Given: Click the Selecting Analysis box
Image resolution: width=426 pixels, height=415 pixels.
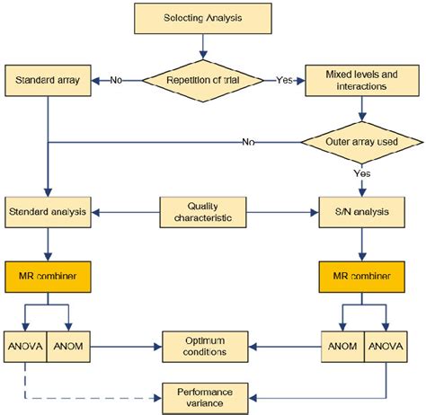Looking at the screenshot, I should [203, 18].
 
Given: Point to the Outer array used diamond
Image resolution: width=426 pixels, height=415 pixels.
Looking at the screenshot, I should [361, 141].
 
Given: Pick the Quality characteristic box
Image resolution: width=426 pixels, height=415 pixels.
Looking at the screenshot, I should [203, 212].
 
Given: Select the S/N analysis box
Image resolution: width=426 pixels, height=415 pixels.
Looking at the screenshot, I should [361, 212].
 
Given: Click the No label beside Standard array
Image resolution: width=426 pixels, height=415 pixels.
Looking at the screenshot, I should [117, 80].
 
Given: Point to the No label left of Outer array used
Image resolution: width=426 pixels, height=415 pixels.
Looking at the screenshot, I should [249, 142].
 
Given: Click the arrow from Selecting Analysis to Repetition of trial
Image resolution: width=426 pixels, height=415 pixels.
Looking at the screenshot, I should [203, 44].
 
